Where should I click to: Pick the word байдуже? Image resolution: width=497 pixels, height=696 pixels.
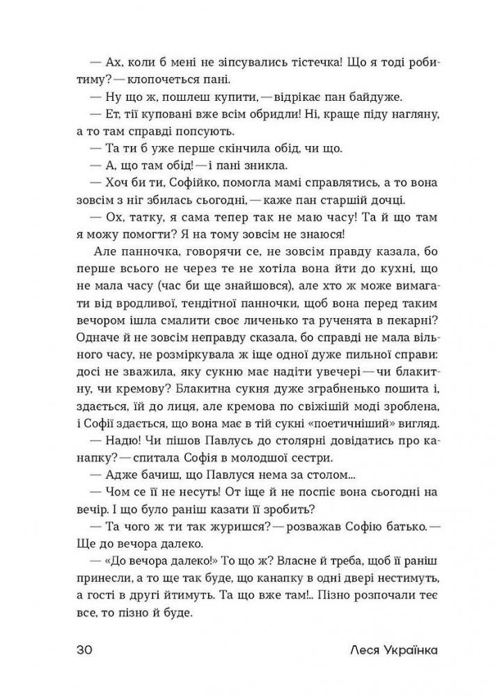click(358, 97)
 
